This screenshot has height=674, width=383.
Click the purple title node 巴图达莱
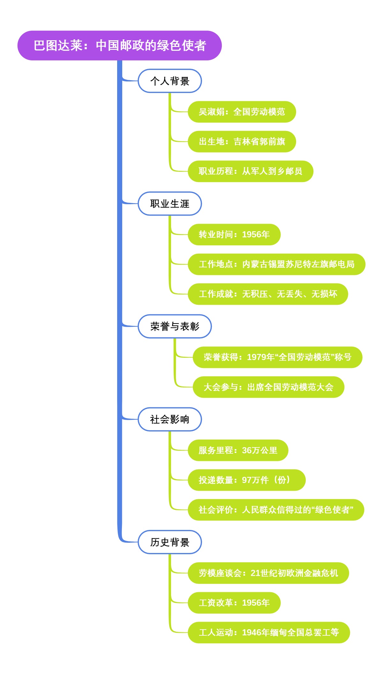(119, 45)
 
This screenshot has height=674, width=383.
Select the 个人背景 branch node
(169, 81)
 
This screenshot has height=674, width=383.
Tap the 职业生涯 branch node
(169, 204)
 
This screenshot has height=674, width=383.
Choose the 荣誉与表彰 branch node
(175, 326)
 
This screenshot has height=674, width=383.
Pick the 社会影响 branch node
(169, 419)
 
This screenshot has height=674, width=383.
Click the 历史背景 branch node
(169, 542)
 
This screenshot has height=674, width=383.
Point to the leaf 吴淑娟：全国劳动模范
(242, 112)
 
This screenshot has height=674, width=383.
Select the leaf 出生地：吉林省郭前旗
(242, 142)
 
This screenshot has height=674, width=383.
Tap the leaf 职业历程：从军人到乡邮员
(250, 171)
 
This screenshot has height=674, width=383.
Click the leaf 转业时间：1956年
(234, 234)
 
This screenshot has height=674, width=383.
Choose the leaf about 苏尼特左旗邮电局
(276, 264)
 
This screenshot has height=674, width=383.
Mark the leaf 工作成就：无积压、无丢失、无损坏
(268, 294)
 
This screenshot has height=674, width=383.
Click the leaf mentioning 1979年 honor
(277, 357)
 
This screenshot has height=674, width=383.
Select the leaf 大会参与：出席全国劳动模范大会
(268, 387)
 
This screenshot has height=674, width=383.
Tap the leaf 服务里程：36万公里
(238, 450)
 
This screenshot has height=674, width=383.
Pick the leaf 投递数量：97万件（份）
(246, 480)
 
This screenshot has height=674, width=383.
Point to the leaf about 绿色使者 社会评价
(276, 510)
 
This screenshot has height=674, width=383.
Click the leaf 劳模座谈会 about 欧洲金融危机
(268, 573)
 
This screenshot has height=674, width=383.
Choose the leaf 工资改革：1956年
(234, 603)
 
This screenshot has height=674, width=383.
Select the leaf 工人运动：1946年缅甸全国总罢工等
(269, 632)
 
